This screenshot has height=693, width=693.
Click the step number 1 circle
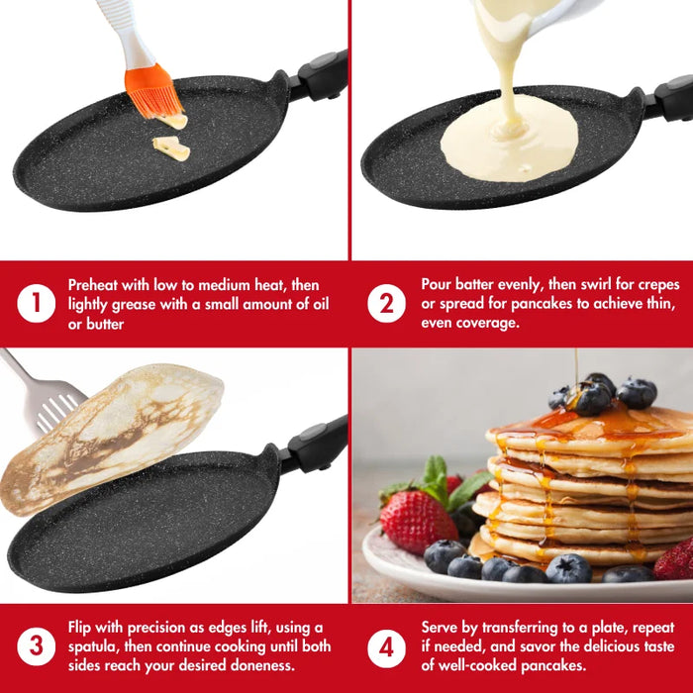click(x=37, y=304)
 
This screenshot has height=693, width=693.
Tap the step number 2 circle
click(x=386, y=304)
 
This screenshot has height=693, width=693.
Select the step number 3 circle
click(x=37, y=646)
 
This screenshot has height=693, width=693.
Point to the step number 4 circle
click(x=386, y=648)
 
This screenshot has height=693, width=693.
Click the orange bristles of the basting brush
click(x=152, y=92)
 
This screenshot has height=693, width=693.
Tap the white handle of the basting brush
click(x=125, y=32)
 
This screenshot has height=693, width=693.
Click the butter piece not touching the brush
click(x=171, y=148)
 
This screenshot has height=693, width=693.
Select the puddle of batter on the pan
click(x=509, y=138)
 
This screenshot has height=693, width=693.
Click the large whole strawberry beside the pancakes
click(x=417, y=522)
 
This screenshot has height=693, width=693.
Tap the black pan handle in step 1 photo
click(x=319, y=75)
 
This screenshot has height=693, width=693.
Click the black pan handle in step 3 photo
click(x=314, y=445)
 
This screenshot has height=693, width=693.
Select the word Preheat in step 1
click(x=93, y=285)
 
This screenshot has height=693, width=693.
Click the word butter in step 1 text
click(x=105, y=324)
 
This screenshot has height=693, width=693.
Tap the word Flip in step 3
click(x=79, y=628)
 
